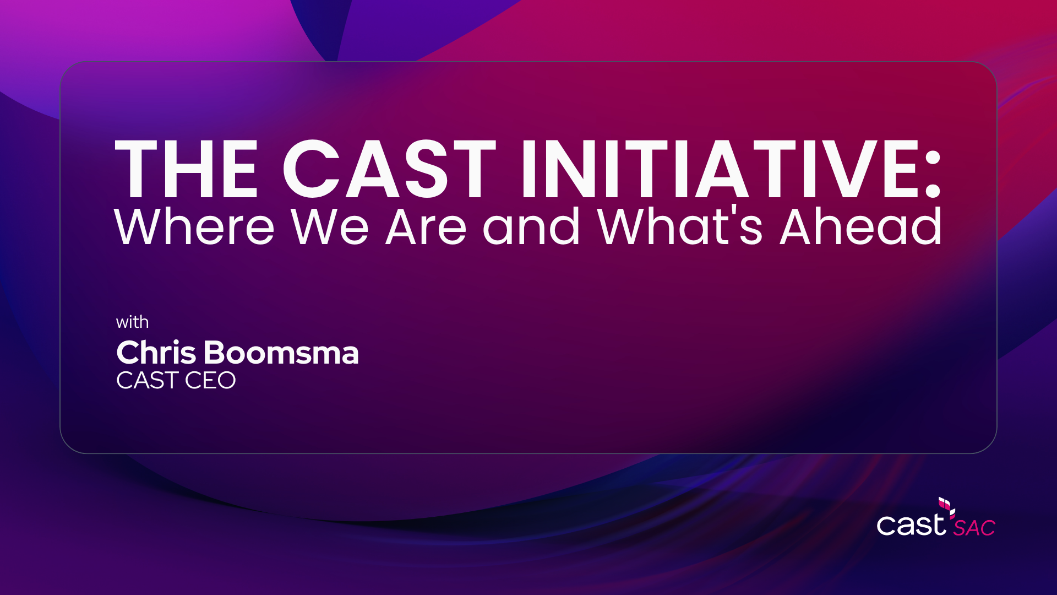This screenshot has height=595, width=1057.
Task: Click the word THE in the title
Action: [x=187, y=169]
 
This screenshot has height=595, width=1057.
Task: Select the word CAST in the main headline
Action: [x=389, y=169]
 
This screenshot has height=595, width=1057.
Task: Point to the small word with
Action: [x=132, y=322]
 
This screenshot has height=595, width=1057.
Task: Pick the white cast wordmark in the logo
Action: [x=911, y=524]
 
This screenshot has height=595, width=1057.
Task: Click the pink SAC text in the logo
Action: [x=974, y=528]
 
